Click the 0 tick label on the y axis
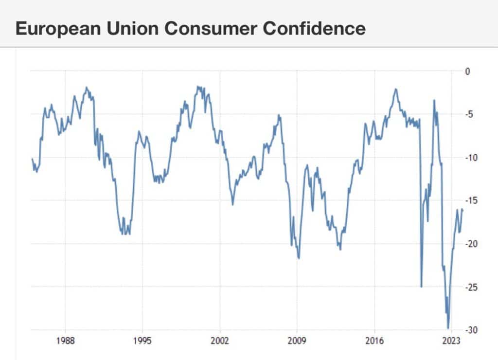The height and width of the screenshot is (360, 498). click(x=468, y=72)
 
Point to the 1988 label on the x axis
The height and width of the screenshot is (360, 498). click(x=65, y=340)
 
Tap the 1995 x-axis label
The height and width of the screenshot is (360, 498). click(x=142, y=340)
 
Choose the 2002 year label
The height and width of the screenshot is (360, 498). click(x=220, y=340)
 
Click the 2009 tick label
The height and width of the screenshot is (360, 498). click(x=297, y=340)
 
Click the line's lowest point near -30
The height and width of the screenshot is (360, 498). click(x=448, y=328)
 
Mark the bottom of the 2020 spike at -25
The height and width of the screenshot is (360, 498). click(x=421, y=287)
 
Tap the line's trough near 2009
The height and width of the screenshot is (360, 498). click(x=299, y=258)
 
